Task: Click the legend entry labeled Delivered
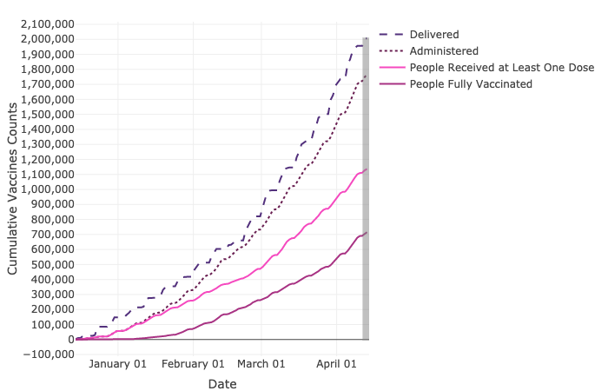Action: [x=435, y=34]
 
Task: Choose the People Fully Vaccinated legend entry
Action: [x=471, y=83]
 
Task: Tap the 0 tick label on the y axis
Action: [x=69, y=340]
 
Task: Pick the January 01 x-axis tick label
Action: [x=117, y=364]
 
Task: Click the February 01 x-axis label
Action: [x=194, y=364]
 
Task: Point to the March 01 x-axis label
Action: [x=261, y=364]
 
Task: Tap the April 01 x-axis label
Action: [x=336, y=364]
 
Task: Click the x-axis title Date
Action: [x=221, y=383]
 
